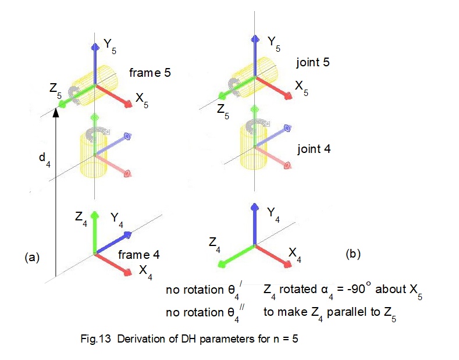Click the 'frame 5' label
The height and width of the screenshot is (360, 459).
[150, 73]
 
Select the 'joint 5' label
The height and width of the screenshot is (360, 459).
[313, 62]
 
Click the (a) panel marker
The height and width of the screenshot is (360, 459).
[32, 256]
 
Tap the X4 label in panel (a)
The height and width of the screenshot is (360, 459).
[147, 271]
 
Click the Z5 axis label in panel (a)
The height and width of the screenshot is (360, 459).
[55, 91]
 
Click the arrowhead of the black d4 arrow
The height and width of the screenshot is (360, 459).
[56, 112]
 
